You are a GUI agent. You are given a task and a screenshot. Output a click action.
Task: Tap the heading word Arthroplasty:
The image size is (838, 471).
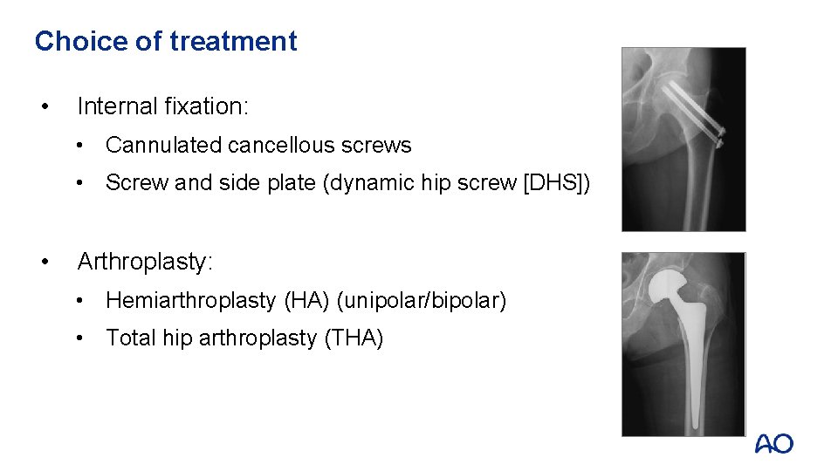[x=145, y=262]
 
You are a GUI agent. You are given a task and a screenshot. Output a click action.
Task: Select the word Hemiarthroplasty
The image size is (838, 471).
[x=190, y=301]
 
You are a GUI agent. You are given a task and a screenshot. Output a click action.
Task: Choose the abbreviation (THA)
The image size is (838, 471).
[x=354, y=338]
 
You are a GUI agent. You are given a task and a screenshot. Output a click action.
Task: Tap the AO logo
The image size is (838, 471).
[x=774, y=444]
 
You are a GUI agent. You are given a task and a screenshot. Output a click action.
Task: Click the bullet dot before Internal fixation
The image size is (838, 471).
[x=43, y=107]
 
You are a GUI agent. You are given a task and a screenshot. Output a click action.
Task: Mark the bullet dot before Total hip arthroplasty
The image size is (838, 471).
[x=80, y=338]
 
